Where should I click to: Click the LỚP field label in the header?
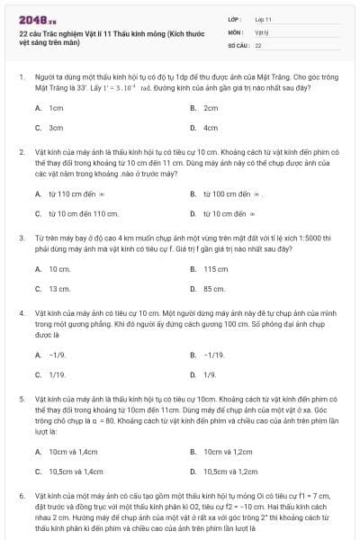(235, 18)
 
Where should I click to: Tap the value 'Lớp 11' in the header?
(263, 18)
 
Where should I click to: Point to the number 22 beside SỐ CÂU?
(258, 44)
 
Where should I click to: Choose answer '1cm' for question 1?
(56, 107)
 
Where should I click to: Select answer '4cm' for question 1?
(211, 128)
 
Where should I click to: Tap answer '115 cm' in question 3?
(216, 269)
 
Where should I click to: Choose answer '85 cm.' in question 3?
(214, 289)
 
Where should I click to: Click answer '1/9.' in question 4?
(210, 374)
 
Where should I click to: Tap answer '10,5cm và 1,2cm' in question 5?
(232, 471)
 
